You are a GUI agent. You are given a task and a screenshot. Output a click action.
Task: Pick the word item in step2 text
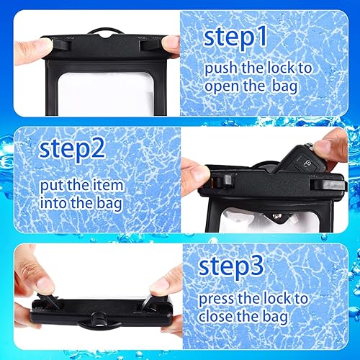(x=107, y=185)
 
